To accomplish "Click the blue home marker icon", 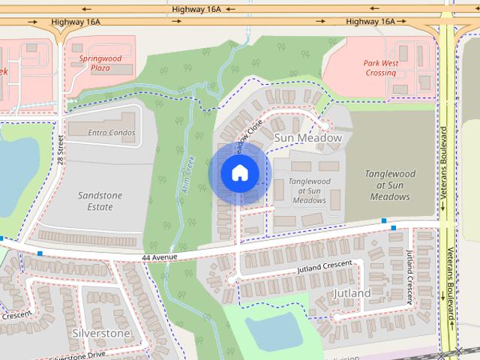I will pos(239,172).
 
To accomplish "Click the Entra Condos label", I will pos(111,133).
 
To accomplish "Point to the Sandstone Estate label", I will pos(100,200).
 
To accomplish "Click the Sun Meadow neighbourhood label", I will pos(307,138).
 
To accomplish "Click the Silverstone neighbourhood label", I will pos(100,332).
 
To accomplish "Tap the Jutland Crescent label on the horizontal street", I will pos(324,266).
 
